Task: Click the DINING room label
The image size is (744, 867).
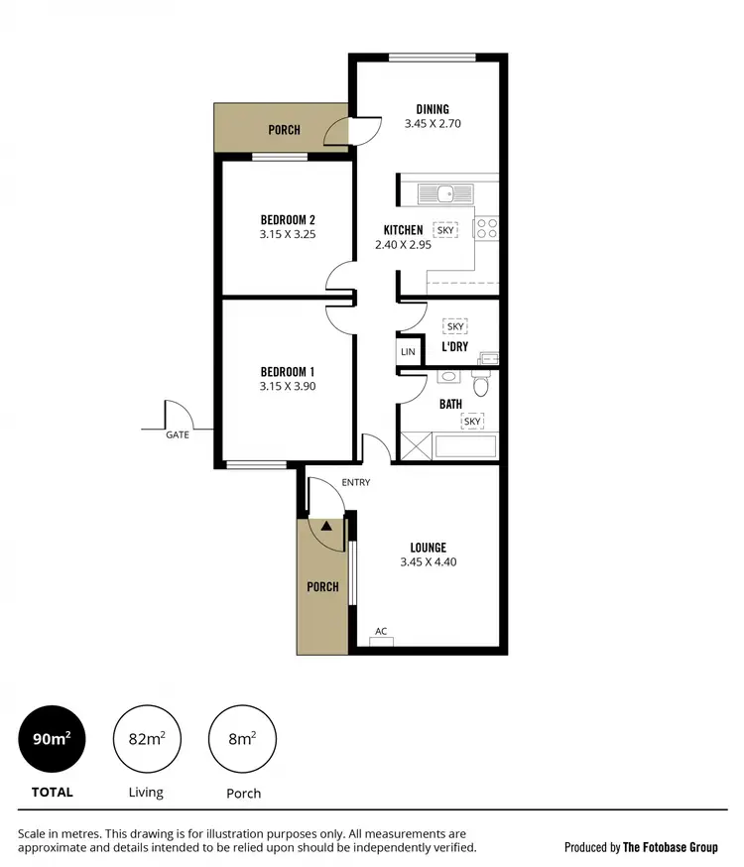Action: click(x=433, y=109)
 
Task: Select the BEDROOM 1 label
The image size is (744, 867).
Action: click(x=288, y=372)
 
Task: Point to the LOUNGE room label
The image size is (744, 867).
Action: click(x=428, y=547)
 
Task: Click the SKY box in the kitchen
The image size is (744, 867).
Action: click(x=445, y=229)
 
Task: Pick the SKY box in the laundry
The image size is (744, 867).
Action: click(x=455, y=326)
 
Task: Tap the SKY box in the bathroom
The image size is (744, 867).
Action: click(x=472, y=422)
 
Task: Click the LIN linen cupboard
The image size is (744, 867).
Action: click(x=408, y=352)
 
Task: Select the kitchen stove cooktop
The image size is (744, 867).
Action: click(x=486, y=229)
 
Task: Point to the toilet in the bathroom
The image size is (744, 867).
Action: click(x=481, y=384)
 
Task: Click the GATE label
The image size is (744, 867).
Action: click(x=178, y=434)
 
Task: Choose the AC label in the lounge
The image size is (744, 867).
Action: click(x=381, y=631)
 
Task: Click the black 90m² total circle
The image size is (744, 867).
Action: click(x=52, y=738)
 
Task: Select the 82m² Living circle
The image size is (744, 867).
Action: click(x=146, y=738)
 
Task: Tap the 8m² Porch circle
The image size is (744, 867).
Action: click(x=242, y=738)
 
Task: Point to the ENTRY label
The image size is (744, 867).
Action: click(x=355, y=482)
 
